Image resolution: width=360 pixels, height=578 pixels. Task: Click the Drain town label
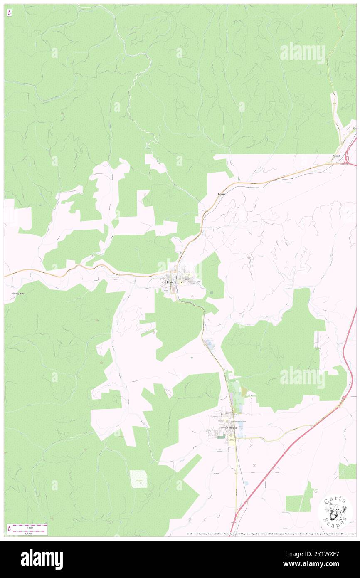[169, 282]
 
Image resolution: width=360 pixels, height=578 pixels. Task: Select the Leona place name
[222, 194]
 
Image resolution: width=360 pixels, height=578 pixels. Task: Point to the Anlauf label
[336, 156]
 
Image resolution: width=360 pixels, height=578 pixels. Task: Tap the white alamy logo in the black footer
[42, 559]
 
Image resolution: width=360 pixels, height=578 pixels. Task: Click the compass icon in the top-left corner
[9, 13]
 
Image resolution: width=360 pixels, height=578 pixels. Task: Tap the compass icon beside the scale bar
[10, 529]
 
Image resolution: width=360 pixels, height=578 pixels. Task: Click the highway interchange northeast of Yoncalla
[343, 399]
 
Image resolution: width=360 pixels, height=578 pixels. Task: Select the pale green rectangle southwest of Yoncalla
[138, 479]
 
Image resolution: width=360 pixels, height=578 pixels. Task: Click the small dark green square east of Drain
[211, 294]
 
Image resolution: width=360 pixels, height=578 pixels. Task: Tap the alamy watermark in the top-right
[303, 53]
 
